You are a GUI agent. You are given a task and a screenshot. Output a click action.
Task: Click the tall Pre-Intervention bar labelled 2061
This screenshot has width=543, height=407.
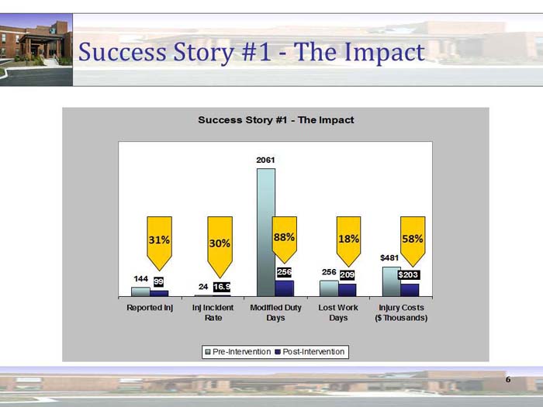(x=266, y=232)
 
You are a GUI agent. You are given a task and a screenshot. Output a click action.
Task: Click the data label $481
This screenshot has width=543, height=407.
(x=389, y=257)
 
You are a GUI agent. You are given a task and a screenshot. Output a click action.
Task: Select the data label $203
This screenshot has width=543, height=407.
(x=409, y=275)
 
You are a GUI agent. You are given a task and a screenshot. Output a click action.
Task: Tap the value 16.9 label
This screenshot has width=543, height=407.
(x=222, y=287)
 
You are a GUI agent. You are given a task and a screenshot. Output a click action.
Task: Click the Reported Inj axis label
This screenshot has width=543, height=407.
(x=149, y=308)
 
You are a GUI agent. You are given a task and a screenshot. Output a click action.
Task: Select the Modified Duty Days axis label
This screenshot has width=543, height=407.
(x=275, y=312)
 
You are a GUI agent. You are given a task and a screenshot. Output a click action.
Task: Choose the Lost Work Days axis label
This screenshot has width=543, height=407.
(x=338, y=312)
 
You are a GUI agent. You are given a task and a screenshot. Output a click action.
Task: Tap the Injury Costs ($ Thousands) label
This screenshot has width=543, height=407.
(x=401, y=312)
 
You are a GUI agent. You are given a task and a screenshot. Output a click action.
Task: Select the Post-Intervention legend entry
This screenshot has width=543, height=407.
(x=310, y=352)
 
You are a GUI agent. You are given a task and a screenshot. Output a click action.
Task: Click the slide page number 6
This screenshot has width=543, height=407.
(x=508, y=380)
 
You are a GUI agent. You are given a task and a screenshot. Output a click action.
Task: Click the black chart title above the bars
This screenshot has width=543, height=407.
(x=275, y=120)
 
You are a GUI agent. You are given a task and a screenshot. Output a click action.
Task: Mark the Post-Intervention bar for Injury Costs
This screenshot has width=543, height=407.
(x=410, y=289)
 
